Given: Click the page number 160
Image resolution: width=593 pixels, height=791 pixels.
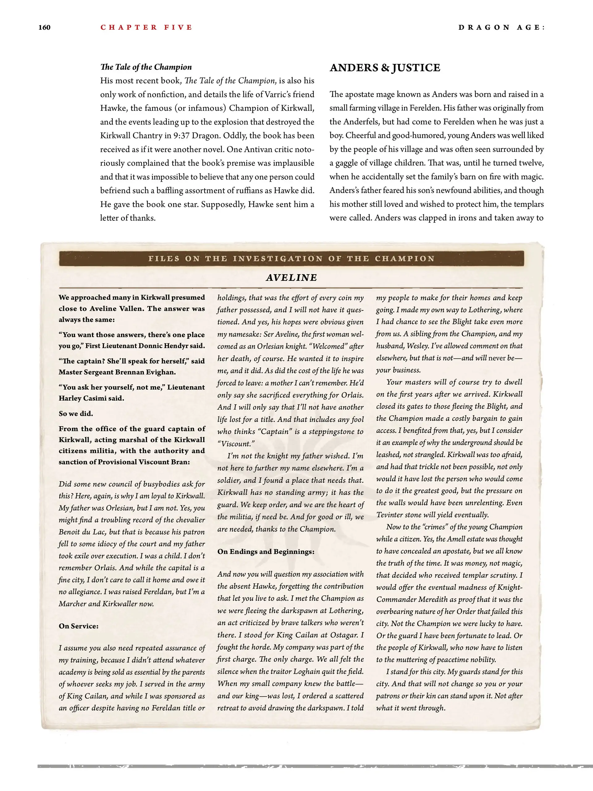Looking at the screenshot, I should tap(44, 27).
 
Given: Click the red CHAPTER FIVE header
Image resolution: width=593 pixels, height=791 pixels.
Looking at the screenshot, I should tap(146, 27).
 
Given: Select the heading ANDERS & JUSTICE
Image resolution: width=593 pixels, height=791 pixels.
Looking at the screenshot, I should tap(385, 68).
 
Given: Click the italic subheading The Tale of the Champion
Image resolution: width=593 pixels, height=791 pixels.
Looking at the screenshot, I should tap(146, 67).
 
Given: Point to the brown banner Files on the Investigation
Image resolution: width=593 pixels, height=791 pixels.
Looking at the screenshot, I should tap(291, 259).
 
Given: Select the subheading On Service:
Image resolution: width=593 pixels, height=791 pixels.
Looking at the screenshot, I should tap(79, 626).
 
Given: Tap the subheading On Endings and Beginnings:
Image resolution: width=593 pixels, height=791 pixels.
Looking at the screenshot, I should tap(266, 551).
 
